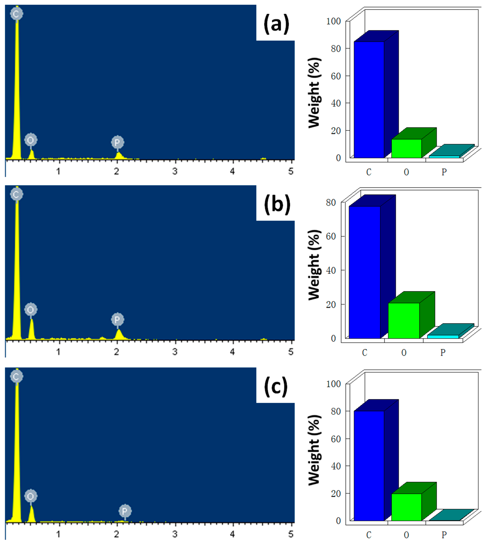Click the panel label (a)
[276, 24]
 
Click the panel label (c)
[276, 387]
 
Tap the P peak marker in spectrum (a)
[117, 142]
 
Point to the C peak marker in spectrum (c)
[16, 377]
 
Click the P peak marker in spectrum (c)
[125, 511]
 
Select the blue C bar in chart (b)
[365, 272]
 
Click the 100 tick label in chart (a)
[333, 21]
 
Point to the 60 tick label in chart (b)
[331, 236]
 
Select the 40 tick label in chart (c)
[336, 466]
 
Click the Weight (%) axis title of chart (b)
[314, 265]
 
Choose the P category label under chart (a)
[444, 172]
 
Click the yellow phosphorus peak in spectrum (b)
[119, 335]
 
